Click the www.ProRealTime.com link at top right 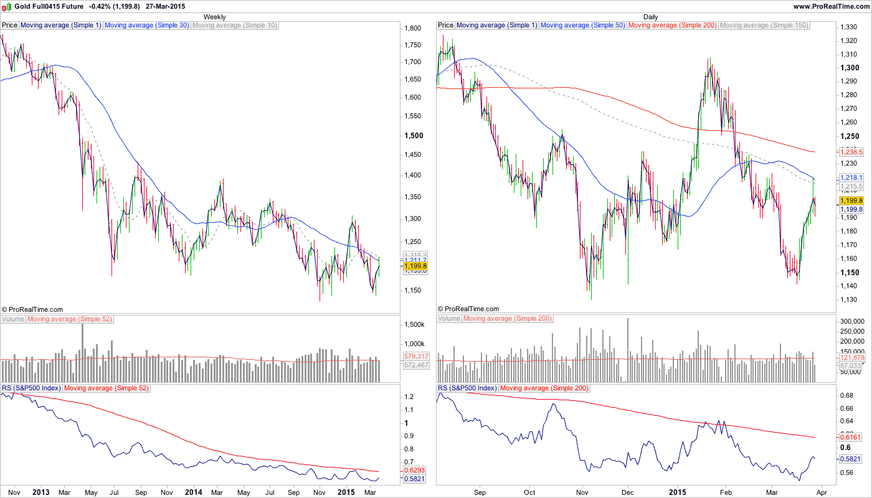click(831, 6)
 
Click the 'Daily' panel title click(650, 17)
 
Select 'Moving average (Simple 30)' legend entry click(146, 26)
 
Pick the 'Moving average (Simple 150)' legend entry click(764, 26)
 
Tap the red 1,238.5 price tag click(851, 152)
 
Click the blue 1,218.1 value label click(851, 178)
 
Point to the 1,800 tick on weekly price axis click(413, 29)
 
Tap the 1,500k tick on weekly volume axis click(414, 325)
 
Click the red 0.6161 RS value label click(850, 438)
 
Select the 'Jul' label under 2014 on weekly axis click(270, 492)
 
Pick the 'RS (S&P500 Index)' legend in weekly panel click(31, 388)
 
